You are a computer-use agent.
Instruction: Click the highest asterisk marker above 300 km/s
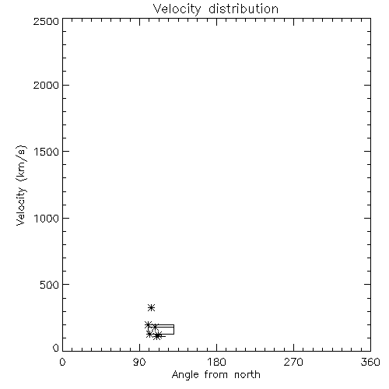(x=151, y=308)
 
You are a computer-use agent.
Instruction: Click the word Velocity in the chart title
(x=177, y=9)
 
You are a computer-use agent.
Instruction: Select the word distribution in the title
(x=244, y=9)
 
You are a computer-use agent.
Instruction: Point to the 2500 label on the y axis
(x=46, y=21)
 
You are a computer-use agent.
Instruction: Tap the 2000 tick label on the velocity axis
(x=46, y=85)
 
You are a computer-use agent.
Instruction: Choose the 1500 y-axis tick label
(x=47, y=152)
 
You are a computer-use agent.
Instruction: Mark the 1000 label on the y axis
(x=47, y=218)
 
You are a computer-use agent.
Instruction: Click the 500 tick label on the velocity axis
(x=50, y=285)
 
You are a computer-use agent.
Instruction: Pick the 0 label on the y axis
(x=56, y=348)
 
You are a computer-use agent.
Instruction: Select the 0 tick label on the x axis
(x=62, y=362)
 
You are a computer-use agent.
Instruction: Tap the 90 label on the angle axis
(x=139, y=362)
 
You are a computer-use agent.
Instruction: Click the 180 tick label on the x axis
(x=216, y=362)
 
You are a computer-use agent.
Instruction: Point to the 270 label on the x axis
(x=293, y=362)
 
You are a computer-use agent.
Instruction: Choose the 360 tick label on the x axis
(x=370, y=362)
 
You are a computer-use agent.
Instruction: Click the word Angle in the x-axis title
(x=185, y=375)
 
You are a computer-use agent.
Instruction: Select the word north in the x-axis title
(x=247, y=375)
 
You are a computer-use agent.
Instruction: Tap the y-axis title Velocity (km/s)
(x=21, y=185)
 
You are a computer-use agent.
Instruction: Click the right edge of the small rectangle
(x=173, y=329)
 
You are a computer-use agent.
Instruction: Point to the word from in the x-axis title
(x=216, y=375)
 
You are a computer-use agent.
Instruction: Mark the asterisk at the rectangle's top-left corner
(x=148, y=324)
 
